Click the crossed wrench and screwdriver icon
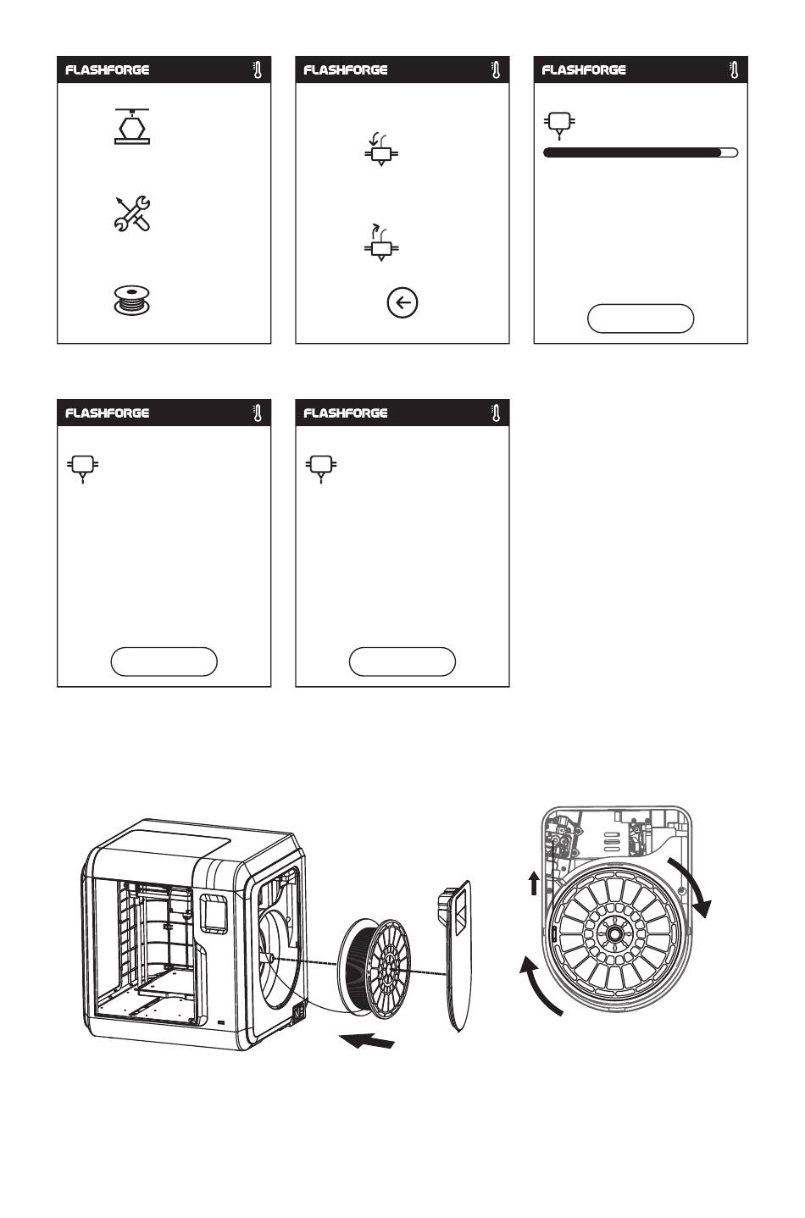click(x=132, y=213)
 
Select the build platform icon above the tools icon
click(x=132, y=126)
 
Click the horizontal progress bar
click(x=640, y=152)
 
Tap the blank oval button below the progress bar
click(x=640, y=318)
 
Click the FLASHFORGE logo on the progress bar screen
click(x=584, y=70)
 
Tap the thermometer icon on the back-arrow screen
click(x=496, y=70)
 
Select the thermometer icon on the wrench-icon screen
click(x=258, y=70)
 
